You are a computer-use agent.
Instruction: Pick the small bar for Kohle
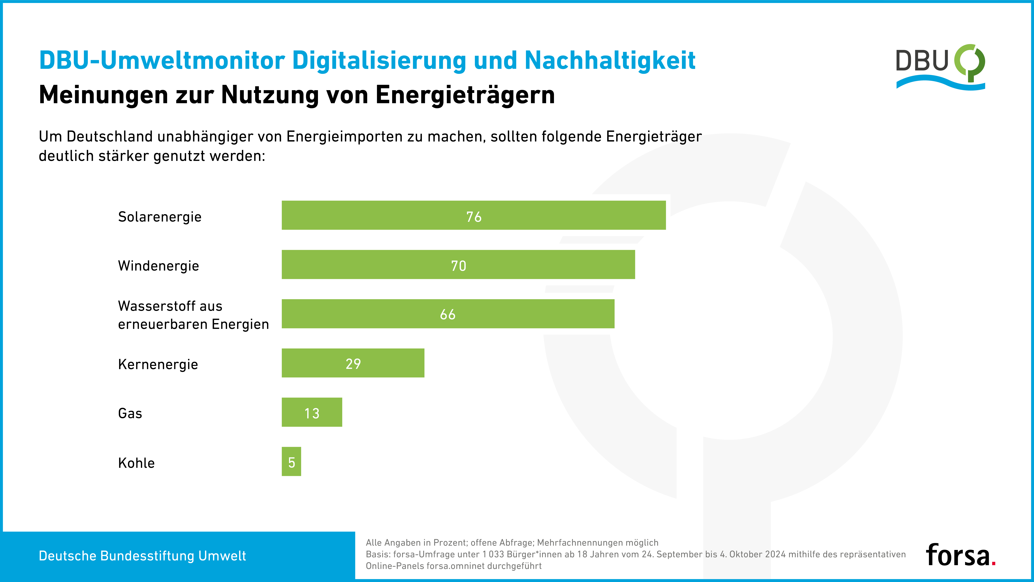[291, 461]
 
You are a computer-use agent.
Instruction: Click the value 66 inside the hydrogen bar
[448, 314]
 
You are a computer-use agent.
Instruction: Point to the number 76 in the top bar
[474, 217]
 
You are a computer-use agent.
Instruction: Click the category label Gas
[130, 413]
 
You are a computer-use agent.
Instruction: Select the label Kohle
[136, 463]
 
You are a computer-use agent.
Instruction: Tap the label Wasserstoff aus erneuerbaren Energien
[193, 315]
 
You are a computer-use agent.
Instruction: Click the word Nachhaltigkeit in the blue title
[610, 60]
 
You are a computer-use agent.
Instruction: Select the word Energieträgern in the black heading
[465, 95]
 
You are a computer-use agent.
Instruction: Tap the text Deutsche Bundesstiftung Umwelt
[142, 556]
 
